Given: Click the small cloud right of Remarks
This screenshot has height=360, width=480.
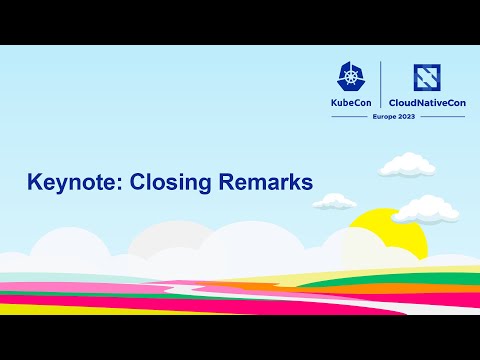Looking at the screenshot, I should point(337,201).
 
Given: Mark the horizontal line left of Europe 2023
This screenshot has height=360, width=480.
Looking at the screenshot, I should point(346,117).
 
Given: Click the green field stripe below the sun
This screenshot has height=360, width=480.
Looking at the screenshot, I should point(420,283).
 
